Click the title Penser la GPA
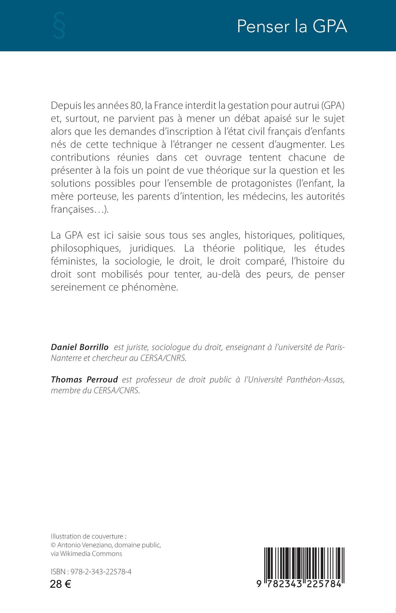(292, 27)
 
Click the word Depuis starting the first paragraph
(66, 105)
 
